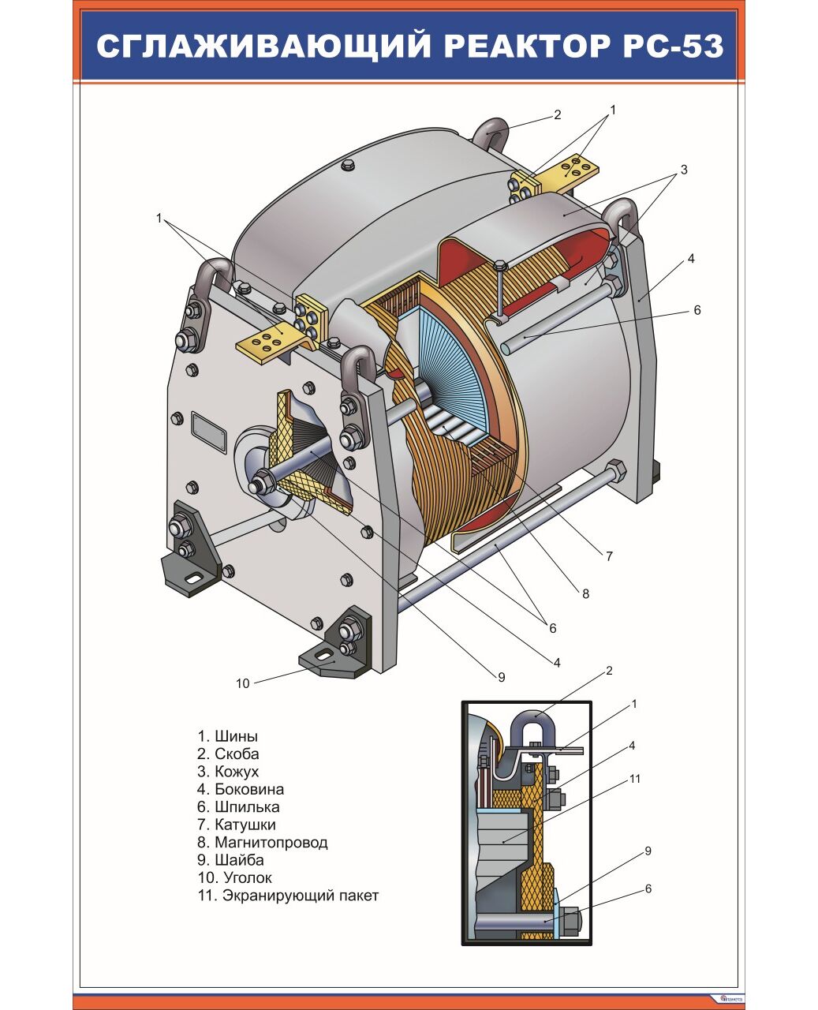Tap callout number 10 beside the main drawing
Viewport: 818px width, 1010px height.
(242, 683)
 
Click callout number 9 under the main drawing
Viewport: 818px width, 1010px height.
(501, 677)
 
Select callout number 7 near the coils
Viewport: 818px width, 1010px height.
(609, 556)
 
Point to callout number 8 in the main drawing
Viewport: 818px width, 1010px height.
(585, 594)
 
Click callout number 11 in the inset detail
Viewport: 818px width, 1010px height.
(635, 779)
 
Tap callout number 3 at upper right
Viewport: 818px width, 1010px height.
(684, 170)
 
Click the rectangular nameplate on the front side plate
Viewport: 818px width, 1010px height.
(208, 433)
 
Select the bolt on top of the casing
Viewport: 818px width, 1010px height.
(347, 166)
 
